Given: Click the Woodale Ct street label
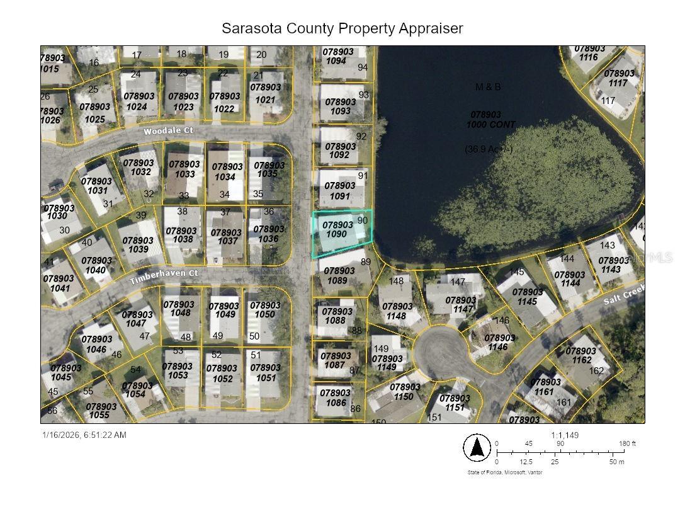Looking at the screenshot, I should (168, 131).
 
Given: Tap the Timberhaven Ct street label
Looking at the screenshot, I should (164, 277).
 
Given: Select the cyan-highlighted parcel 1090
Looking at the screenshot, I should (342, 234).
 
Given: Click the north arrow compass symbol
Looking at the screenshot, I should (477, 447).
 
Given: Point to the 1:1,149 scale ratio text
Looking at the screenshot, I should (564, 435).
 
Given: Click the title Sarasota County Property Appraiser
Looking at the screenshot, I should (342, 28).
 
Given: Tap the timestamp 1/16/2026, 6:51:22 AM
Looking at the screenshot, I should (84, 435).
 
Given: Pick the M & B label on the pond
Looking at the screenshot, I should (488, 87).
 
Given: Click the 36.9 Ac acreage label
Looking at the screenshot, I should (489, 149).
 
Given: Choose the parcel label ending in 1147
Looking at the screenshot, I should (461, 305).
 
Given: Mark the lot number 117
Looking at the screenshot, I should (608, 101).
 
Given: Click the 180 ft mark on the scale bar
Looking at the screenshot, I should (628, 443).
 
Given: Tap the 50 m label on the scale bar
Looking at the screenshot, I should (617, 462).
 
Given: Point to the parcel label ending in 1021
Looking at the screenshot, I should (266, 93).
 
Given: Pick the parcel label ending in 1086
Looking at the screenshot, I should (335, 397).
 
